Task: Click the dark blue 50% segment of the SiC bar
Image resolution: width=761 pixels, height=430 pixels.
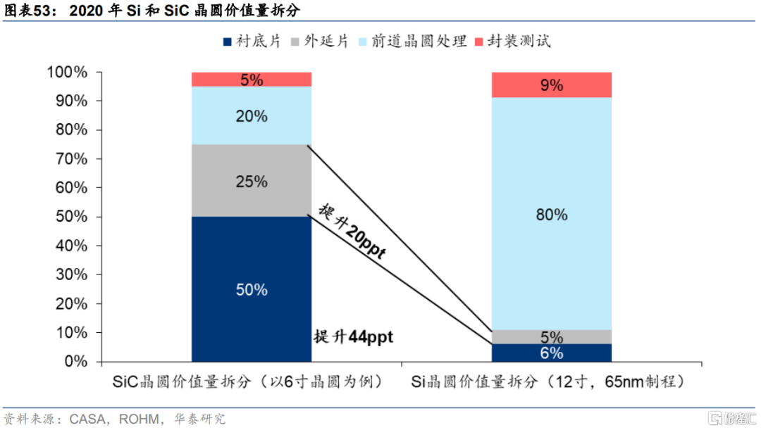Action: click(252, 289)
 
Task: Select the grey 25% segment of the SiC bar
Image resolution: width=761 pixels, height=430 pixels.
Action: click(252, 180)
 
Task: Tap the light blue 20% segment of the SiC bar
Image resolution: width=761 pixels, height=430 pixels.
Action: click(252, 115)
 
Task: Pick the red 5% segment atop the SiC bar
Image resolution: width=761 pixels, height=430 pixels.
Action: click(252, 80)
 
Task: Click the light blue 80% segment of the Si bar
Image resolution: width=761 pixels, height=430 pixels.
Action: click(551, 214)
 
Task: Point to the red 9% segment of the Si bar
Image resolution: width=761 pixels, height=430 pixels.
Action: click(551, 85)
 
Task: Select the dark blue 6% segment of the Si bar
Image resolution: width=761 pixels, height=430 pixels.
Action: click(551, 353)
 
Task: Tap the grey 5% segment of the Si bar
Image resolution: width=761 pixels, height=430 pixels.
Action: click(551, 337)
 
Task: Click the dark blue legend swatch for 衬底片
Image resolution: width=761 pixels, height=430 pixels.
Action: click(227, 42)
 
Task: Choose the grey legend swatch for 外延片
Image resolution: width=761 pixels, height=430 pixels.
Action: click(295, 42)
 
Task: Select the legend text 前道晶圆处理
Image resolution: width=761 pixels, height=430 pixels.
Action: click(419, 42)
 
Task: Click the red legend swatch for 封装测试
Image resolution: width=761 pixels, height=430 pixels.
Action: click(479, 42)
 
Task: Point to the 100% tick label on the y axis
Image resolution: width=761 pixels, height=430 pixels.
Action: click(67, 72)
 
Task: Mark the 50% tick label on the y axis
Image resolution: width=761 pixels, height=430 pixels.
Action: click(71, 216)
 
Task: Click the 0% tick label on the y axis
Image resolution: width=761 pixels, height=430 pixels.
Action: click(75, 361)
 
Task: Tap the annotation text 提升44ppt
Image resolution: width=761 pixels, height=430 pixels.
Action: click(353, 336)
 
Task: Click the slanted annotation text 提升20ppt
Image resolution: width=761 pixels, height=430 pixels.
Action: click(352, 232)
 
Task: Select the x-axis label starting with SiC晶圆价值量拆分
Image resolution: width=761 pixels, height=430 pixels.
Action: click(247, 381)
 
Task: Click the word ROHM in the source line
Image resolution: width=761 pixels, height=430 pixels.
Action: click(139, 418)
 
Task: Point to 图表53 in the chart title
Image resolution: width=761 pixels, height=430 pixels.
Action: click(27, 10)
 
